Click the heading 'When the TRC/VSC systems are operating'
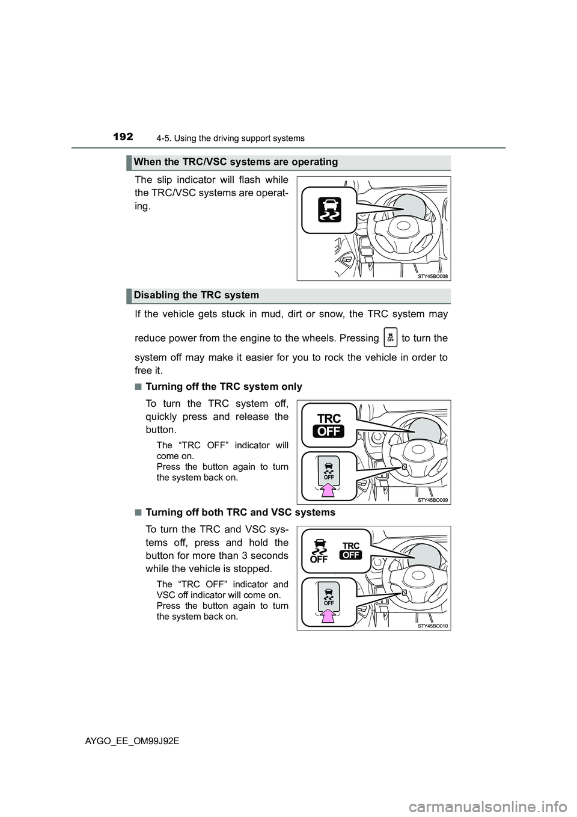[x=236, y=162]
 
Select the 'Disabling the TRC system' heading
[x=197, y=295]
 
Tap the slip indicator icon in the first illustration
[x=328, y=210]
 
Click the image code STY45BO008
[x=432, y=276]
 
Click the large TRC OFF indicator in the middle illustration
[x=329, y=425]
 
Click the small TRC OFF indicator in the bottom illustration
[x=351, y=550]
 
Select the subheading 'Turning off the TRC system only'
[x=224, y=387]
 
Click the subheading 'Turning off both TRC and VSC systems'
[x=240, y=513]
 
